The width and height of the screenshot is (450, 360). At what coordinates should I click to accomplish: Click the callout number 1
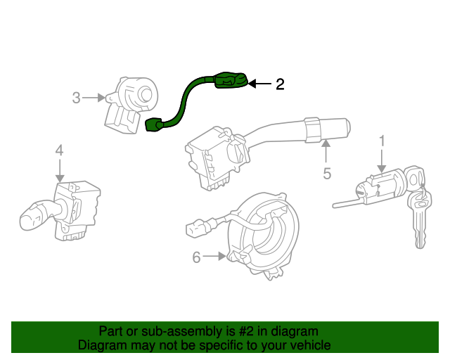pos(382,141)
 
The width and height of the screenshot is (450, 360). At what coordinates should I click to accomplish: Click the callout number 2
pos(280,85)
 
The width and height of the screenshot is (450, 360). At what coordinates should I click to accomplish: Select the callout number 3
pos(77,98)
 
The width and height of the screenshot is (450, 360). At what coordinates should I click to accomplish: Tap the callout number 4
pos(59,150)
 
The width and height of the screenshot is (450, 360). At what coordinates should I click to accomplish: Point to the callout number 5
pos(327,173)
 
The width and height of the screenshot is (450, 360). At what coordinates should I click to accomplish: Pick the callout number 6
pos(197,258)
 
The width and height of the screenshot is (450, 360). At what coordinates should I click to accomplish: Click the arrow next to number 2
pos(260,85)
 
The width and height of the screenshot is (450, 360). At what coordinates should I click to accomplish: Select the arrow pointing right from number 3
pos(94,98)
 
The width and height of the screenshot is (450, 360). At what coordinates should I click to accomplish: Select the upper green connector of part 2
pos(228,81)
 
